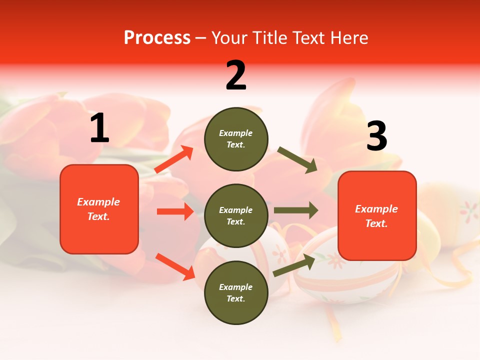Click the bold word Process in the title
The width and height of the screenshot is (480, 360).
pos(157,38)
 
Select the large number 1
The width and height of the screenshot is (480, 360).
pos(99,128)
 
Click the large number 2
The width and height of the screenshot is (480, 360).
pos(236,75)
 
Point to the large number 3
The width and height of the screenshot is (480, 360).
pos(376,136)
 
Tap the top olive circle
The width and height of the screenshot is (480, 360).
pos(236,139)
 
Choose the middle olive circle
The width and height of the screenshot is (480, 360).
pos(236,215)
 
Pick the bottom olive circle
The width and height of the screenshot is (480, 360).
pos(236,292)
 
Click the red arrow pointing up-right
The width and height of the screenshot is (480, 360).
pos(174,159)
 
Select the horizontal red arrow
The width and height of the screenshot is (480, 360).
pos(175,211)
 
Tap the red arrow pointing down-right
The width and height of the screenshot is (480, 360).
pos(175,266)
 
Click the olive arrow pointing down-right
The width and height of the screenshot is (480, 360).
pos(297,160)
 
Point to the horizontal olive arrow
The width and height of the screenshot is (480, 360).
pos(295,210)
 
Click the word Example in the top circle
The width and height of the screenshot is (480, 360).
pos(235,133)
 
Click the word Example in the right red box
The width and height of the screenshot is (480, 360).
pos(376,209)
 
